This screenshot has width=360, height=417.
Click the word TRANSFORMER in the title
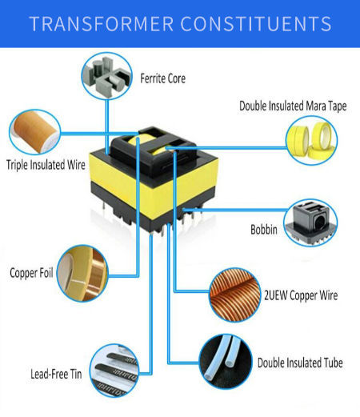95,23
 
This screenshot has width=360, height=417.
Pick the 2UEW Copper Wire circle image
234,294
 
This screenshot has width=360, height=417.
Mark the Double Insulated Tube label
299,363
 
